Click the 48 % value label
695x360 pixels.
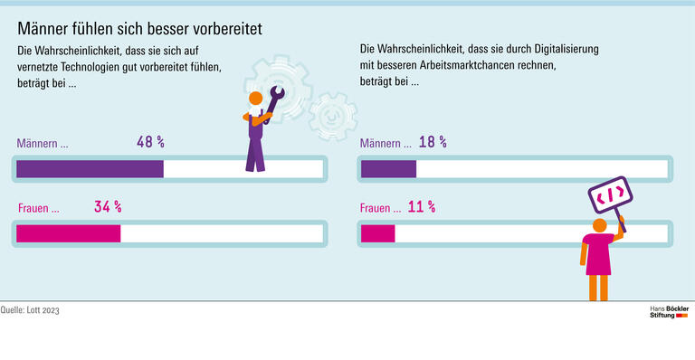point(149,142)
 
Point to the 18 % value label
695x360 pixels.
point(432,142)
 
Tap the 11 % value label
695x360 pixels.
point(421,207)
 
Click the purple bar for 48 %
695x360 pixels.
point(90,169)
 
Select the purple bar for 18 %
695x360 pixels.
point(388,169)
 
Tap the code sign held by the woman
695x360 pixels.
point(610,194)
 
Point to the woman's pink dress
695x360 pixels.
point(598,254)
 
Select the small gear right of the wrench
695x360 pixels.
point(327,114)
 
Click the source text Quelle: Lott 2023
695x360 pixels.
point(35,310)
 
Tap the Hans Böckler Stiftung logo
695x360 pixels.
point(669,312)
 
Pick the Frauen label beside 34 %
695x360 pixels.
point(38,208)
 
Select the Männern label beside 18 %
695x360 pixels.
point(386,143)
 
